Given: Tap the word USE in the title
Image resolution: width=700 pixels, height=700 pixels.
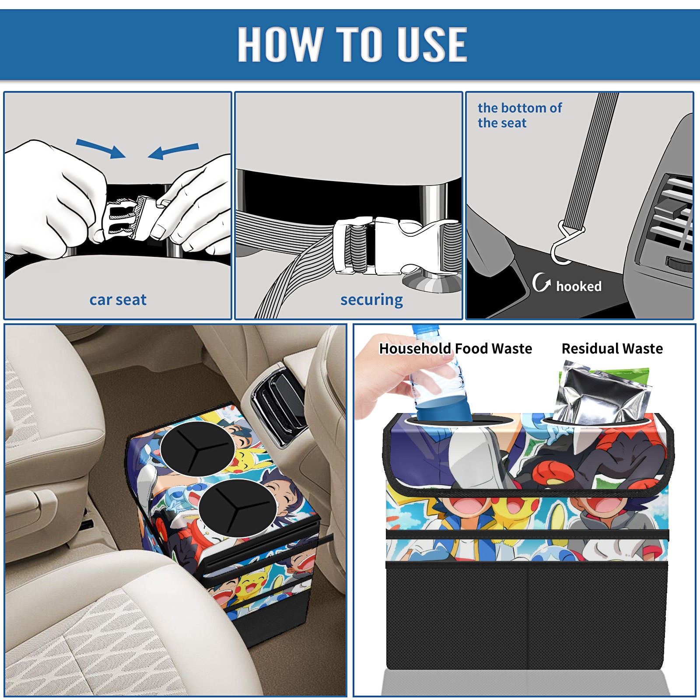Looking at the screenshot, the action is (x=432, y=44).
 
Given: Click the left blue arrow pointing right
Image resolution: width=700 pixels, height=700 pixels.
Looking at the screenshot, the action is (x=101, y=148).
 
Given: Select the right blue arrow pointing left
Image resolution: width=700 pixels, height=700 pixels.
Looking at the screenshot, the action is (x=173, y=151).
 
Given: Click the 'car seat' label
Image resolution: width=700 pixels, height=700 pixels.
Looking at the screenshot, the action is (x=118, y=300).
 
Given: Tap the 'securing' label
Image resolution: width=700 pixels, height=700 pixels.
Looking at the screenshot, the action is (x=371, y=300).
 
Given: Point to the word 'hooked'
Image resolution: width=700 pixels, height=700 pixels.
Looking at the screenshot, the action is (x=579, y=286).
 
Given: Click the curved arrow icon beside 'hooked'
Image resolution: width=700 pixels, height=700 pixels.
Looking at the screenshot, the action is (x=541, y=283).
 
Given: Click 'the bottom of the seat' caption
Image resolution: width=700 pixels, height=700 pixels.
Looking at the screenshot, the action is (x=519, y=115).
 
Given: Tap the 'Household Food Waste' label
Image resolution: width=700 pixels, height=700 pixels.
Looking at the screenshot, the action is (x=455, y=348).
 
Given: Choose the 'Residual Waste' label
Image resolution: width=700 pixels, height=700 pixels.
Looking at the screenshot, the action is (x=612, y=348).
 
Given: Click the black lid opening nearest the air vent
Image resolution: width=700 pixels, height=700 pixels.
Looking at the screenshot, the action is (x=198, y=449).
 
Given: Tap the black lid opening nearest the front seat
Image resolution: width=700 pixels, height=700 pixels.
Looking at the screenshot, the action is (x=238, y=507).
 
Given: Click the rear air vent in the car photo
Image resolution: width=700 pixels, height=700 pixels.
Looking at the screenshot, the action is (x=278, y=402).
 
